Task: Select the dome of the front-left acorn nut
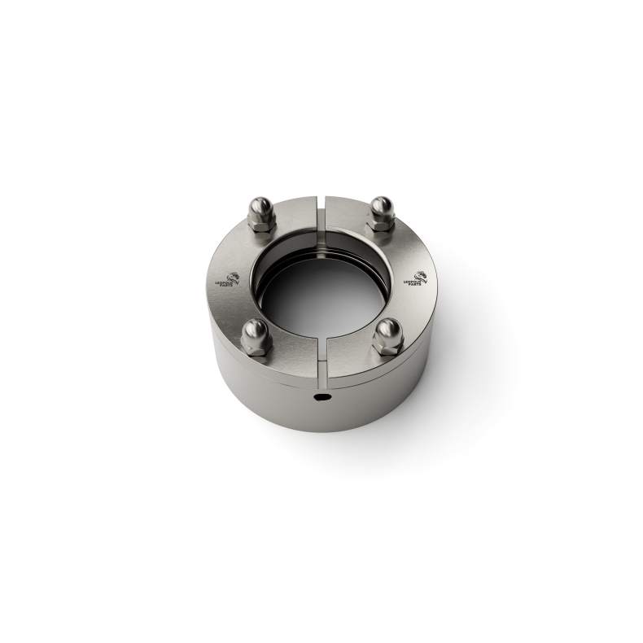256,329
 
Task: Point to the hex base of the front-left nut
255,347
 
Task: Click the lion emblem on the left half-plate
232,276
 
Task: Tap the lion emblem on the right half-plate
420,276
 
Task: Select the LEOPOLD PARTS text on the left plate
225,284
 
